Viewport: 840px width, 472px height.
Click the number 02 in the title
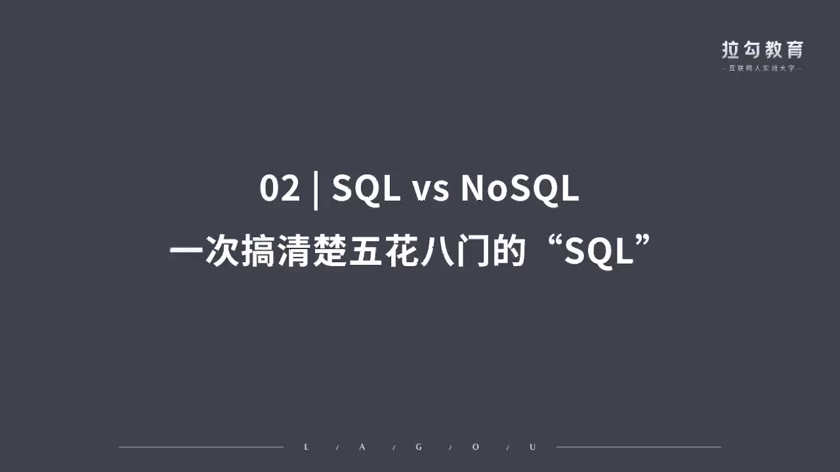point(280,189)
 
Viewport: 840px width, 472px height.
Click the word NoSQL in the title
point(520,189)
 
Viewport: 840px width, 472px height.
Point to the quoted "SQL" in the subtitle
point(598,252)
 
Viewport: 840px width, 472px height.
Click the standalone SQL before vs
point(366,189)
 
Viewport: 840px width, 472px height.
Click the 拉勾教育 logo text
point(762,50)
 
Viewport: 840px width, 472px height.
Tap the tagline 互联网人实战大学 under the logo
point(762,68)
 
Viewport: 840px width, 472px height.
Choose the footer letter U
point(532,447)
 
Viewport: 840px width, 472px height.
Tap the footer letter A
point(364,447)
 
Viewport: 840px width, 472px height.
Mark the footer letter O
point(476,447)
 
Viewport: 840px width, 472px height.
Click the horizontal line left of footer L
point(200,447)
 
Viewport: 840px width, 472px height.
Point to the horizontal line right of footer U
point(639,447)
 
